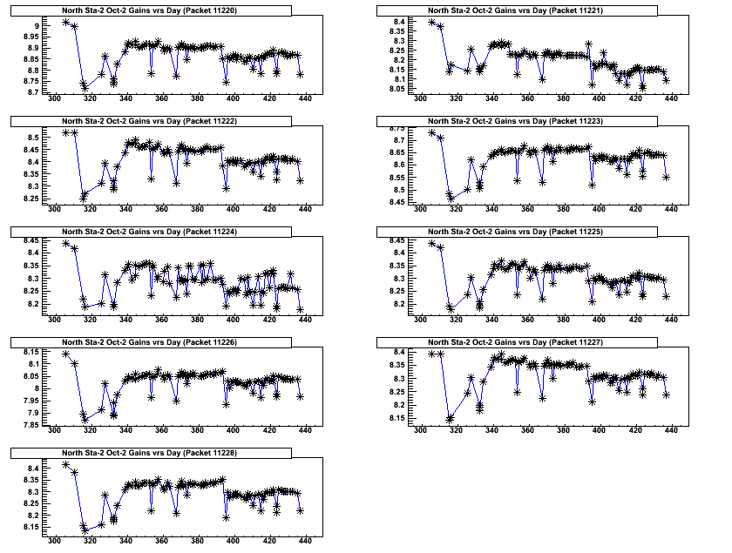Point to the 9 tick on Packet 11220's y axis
coord(37,27)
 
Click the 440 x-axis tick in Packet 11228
coord(305,541)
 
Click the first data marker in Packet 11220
coord(66,22)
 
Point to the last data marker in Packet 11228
coord(300,510)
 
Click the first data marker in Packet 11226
coord(66,354)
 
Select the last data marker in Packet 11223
coord(666,177)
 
